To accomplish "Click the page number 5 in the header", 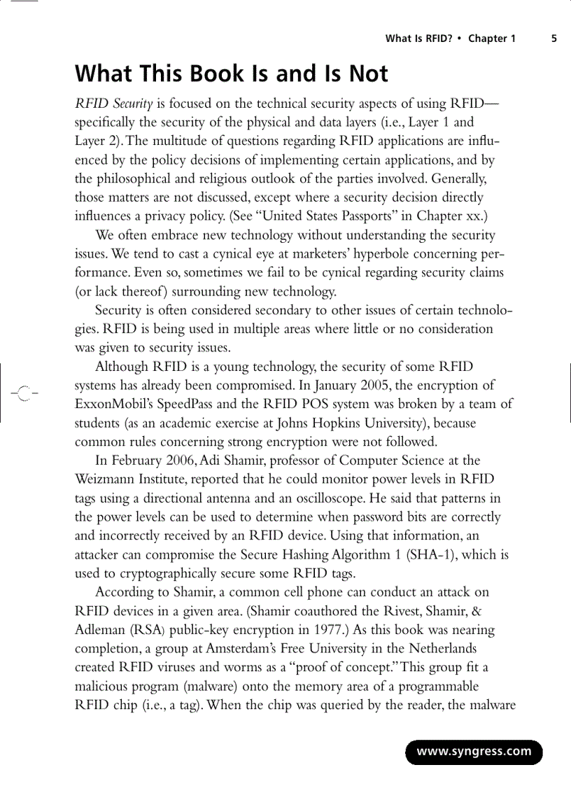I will [554, 39].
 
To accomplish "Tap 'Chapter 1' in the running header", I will [492, 39].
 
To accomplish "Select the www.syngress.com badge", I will [474, 752].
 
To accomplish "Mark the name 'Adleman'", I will [99, 630].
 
